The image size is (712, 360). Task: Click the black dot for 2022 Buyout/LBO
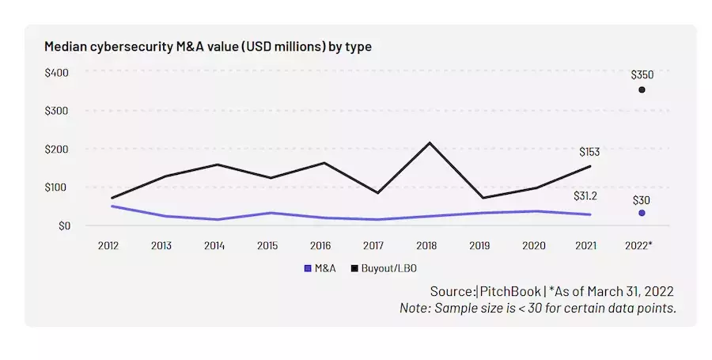tap(642, 89)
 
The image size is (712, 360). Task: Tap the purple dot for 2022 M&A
tap(642, 213)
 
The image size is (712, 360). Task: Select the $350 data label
tap(642, 74)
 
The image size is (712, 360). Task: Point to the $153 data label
tap(590, 151)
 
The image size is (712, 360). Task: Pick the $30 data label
tap(641, 199)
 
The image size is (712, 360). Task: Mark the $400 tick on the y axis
tap(57, 73)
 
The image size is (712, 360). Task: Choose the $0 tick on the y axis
tap(62, 225)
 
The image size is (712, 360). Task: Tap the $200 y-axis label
tap(57, 149)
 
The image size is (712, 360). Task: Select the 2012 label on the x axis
tap(109, 244)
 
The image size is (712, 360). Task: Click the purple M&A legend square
tap(308, 268)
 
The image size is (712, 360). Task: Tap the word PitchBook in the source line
tap(510, 291)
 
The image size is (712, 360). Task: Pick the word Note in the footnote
tap(414, 308)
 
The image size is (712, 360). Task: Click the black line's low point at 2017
tap(377, 193)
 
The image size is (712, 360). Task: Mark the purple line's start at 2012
tap(112, 206)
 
